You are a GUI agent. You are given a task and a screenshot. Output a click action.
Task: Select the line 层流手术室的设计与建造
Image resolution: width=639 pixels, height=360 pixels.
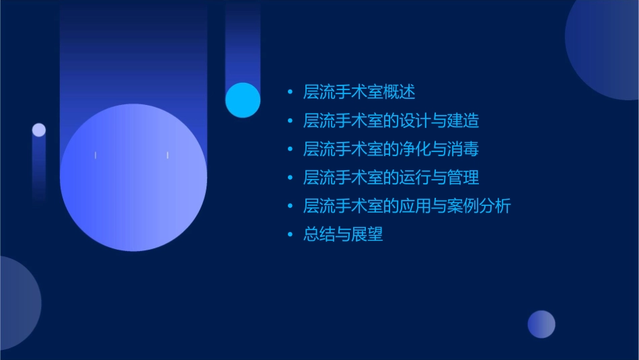pyautogui.click(x=391, y=121)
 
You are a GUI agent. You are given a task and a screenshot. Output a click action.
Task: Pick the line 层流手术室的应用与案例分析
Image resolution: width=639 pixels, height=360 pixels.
pyautogui.click(x=407, y=206)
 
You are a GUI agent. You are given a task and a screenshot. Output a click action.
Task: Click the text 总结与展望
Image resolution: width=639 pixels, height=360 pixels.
pyautogui.click(x=343, y=235)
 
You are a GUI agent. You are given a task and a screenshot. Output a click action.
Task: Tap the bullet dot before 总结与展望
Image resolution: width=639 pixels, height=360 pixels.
pyautogui.click(x=290, y=235)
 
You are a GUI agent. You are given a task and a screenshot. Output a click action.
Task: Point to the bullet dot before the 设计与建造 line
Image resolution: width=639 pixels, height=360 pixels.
pyautogui.click(x=290, y=121)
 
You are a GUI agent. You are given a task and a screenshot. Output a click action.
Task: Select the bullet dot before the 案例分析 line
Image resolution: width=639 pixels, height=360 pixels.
pyautogui.click(x=290, y=206)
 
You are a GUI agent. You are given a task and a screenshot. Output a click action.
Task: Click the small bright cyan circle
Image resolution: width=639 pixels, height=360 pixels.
pyautogui.click(x=243, y=100)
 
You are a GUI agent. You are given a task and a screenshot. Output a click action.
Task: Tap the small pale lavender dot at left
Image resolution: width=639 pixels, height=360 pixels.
pyautogui.click(x=39, y=130)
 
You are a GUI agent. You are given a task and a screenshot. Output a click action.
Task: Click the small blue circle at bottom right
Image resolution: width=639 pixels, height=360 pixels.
pyautogui.click(x=541, y=324)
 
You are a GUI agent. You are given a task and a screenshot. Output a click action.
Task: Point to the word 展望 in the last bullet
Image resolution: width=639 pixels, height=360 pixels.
pyautogui.click(x=367, y=235)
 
